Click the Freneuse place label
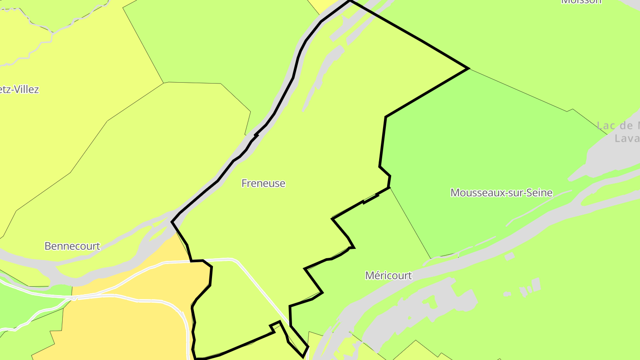click(x=263, y=183)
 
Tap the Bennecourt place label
click(x=72, y=246)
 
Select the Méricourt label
click(x=388, y=276)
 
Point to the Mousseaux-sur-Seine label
click(x=501, y=192)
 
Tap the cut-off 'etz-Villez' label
click(x=20, y=89)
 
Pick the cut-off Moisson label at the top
click(x=581, y=2)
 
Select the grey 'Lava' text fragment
click(x=627, y=139)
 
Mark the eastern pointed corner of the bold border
click(x=468, y=68)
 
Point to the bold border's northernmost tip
click(x=350, y=1)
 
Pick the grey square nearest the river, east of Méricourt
click(x=509, y=256)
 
